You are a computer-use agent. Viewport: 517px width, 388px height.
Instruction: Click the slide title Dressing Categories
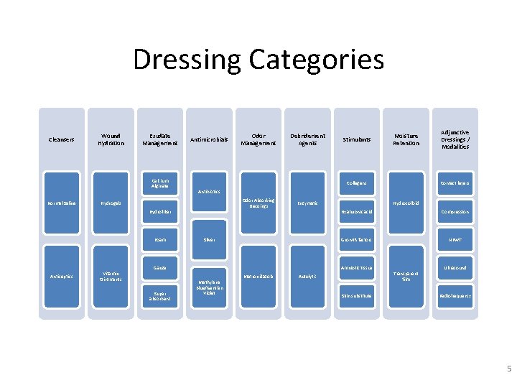[x=258, y=59]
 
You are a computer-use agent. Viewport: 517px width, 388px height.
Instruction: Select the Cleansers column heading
[x=60, y=139]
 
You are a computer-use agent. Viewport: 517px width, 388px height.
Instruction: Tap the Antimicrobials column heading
[x=208, y=139]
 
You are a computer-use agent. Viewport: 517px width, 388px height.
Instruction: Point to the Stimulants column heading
[x=357, y=139]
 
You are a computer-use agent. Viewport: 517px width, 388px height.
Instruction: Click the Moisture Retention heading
[x=406, y=139]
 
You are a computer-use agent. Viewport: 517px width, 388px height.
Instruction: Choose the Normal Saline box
[x=60, y=203]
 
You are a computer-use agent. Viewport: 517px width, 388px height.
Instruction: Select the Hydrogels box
[x=110, y=203]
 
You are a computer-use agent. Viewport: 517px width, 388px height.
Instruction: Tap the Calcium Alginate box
[x=159, y=185]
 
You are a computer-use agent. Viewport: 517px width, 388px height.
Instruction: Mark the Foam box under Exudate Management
[x=159, y=240]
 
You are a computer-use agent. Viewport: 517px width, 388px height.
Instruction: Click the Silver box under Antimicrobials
[x=208, y=240]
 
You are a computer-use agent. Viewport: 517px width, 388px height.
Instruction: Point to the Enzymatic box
[x=307, y=203]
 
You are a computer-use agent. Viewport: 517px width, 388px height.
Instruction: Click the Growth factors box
[x=357, y=240]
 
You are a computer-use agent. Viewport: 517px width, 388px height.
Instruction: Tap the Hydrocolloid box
[x=406, y=203]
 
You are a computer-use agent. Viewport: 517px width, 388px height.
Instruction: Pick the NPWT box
[x=455, y=240]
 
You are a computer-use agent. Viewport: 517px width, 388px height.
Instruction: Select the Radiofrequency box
[x=455, y=295]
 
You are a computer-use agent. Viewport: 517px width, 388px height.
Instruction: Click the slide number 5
[x=508, y=369]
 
